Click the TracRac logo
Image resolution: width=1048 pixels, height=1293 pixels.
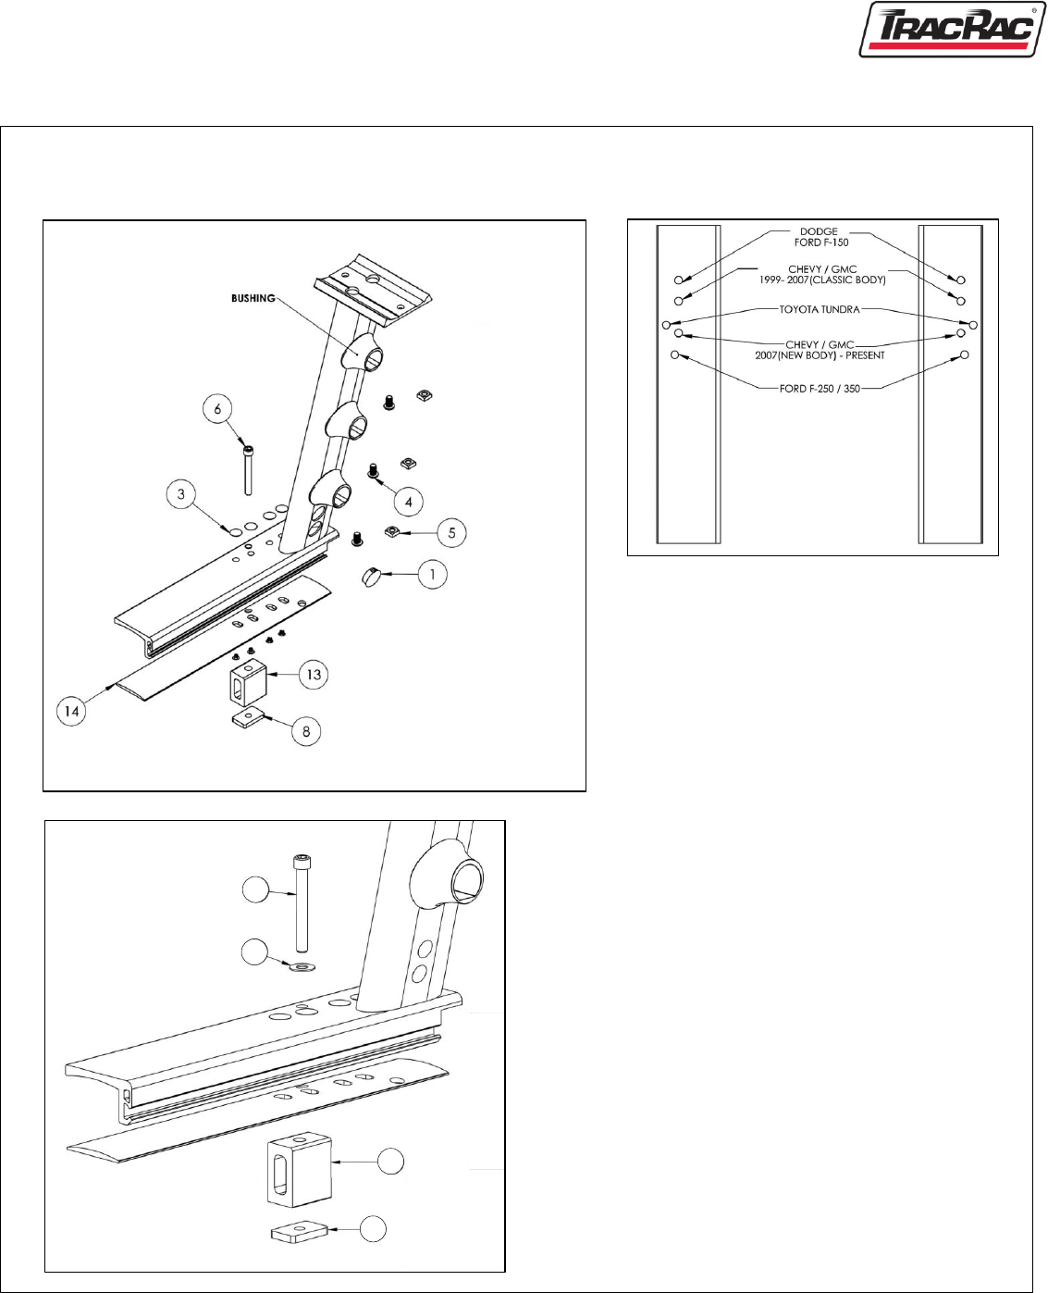tap(953, 30)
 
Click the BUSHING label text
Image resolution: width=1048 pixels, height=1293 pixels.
tap(253, 298)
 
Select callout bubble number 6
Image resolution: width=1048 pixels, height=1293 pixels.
tap(217, 409)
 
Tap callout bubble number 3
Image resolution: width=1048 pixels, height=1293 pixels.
tap(180, 494)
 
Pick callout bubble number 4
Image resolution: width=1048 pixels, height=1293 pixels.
tap(408, 502)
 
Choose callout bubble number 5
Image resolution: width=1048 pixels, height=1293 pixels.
tap(451, 533)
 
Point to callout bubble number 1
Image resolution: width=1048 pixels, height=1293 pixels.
tap(432, 574)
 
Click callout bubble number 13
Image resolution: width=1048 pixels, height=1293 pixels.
tap(314, 675)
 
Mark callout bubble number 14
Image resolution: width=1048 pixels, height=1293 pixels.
tap(71, 712)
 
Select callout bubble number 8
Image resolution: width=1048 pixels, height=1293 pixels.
tap(305, 731)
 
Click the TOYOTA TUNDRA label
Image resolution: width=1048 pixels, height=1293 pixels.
tap(820, 309)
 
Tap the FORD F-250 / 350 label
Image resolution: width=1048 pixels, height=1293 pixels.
tap(820, 389)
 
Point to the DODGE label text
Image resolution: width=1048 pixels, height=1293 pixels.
tap(819, 231)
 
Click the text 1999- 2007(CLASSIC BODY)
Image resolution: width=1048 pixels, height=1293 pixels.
tap(822, 280)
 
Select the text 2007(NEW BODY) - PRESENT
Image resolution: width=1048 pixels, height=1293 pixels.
tap(820, 355)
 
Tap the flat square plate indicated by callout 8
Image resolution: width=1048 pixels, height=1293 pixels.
tap(250, 717)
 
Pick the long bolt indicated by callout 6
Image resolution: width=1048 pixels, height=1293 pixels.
tap(248, 470)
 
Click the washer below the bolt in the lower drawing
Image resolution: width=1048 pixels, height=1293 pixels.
tap(302, 965)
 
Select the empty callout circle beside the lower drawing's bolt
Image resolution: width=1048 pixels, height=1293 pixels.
tap(255, 890)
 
